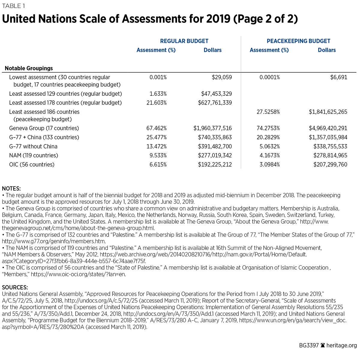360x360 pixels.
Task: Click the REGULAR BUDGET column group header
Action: [x=184, y=41]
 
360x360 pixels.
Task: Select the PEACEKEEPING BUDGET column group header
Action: [x=298, y=41]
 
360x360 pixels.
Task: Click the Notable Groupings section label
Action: [x=29, y=68]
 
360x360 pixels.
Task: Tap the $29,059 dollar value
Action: [x=222, y=77]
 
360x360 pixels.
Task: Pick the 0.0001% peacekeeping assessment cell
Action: [x=269, y=77]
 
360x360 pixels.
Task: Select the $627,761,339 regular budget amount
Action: [x=215, y=103]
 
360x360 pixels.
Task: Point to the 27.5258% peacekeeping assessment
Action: [x=268, y=112]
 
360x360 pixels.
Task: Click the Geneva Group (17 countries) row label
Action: [x=44, y=128]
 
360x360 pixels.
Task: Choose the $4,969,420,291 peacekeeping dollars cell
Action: [x=328, y=128]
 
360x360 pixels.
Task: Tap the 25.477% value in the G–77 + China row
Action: [x=157, y=137]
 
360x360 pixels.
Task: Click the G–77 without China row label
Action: [x=33, y=146]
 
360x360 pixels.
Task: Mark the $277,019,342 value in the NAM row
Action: [x=215, y=155]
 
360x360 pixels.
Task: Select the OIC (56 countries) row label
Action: [x=32, y=164]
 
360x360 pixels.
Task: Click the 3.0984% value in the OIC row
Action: [x=269, y=164]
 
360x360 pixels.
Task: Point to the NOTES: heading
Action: [x=11, y=189]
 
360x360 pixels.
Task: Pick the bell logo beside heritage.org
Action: [x=323, y=345]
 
